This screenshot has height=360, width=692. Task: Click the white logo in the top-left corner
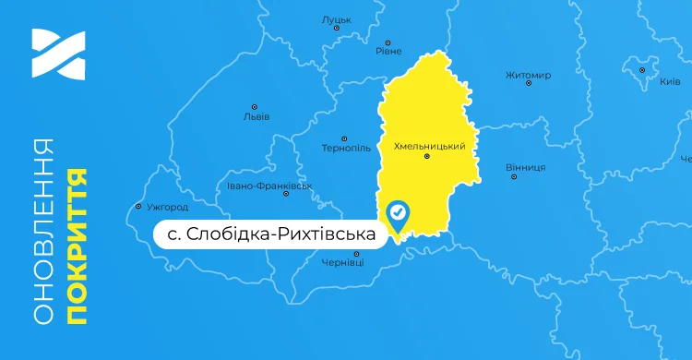coord(58,54)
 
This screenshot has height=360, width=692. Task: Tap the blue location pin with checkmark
coord(399,215)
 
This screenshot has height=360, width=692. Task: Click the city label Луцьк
coord(337,18)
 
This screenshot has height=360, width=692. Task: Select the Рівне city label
coord(388,52)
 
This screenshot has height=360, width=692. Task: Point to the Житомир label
coord(529,75)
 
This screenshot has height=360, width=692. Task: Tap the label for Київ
coord(670,82)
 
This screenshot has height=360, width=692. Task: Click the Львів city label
coord(256,117)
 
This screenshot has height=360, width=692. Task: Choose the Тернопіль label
coord(346,148)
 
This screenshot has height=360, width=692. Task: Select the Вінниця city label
coord(526,167)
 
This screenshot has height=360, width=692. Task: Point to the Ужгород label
coord(167,207)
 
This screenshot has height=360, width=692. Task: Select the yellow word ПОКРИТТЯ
coord(78,245)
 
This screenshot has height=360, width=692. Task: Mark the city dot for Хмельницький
coord(426,157)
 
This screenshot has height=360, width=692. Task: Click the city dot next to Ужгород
coord(138,207)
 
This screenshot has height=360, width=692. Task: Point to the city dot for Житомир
coord(529,84)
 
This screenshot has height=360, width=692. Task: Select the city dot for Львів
coord(255,107)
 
